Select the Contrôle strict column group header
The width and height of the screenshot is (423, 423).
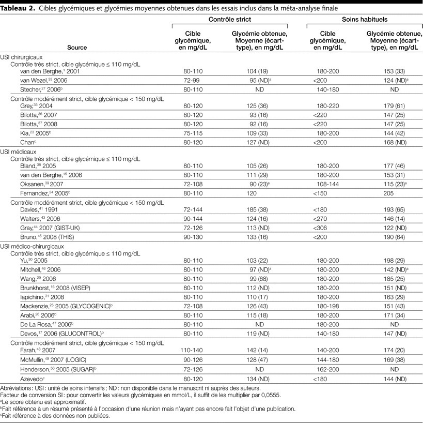tap(230, 19)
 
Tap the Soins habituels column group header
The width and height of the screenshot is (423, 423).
tap(365, 19)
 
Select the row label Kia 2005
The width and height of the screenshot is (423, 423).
tap(29, 132)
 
